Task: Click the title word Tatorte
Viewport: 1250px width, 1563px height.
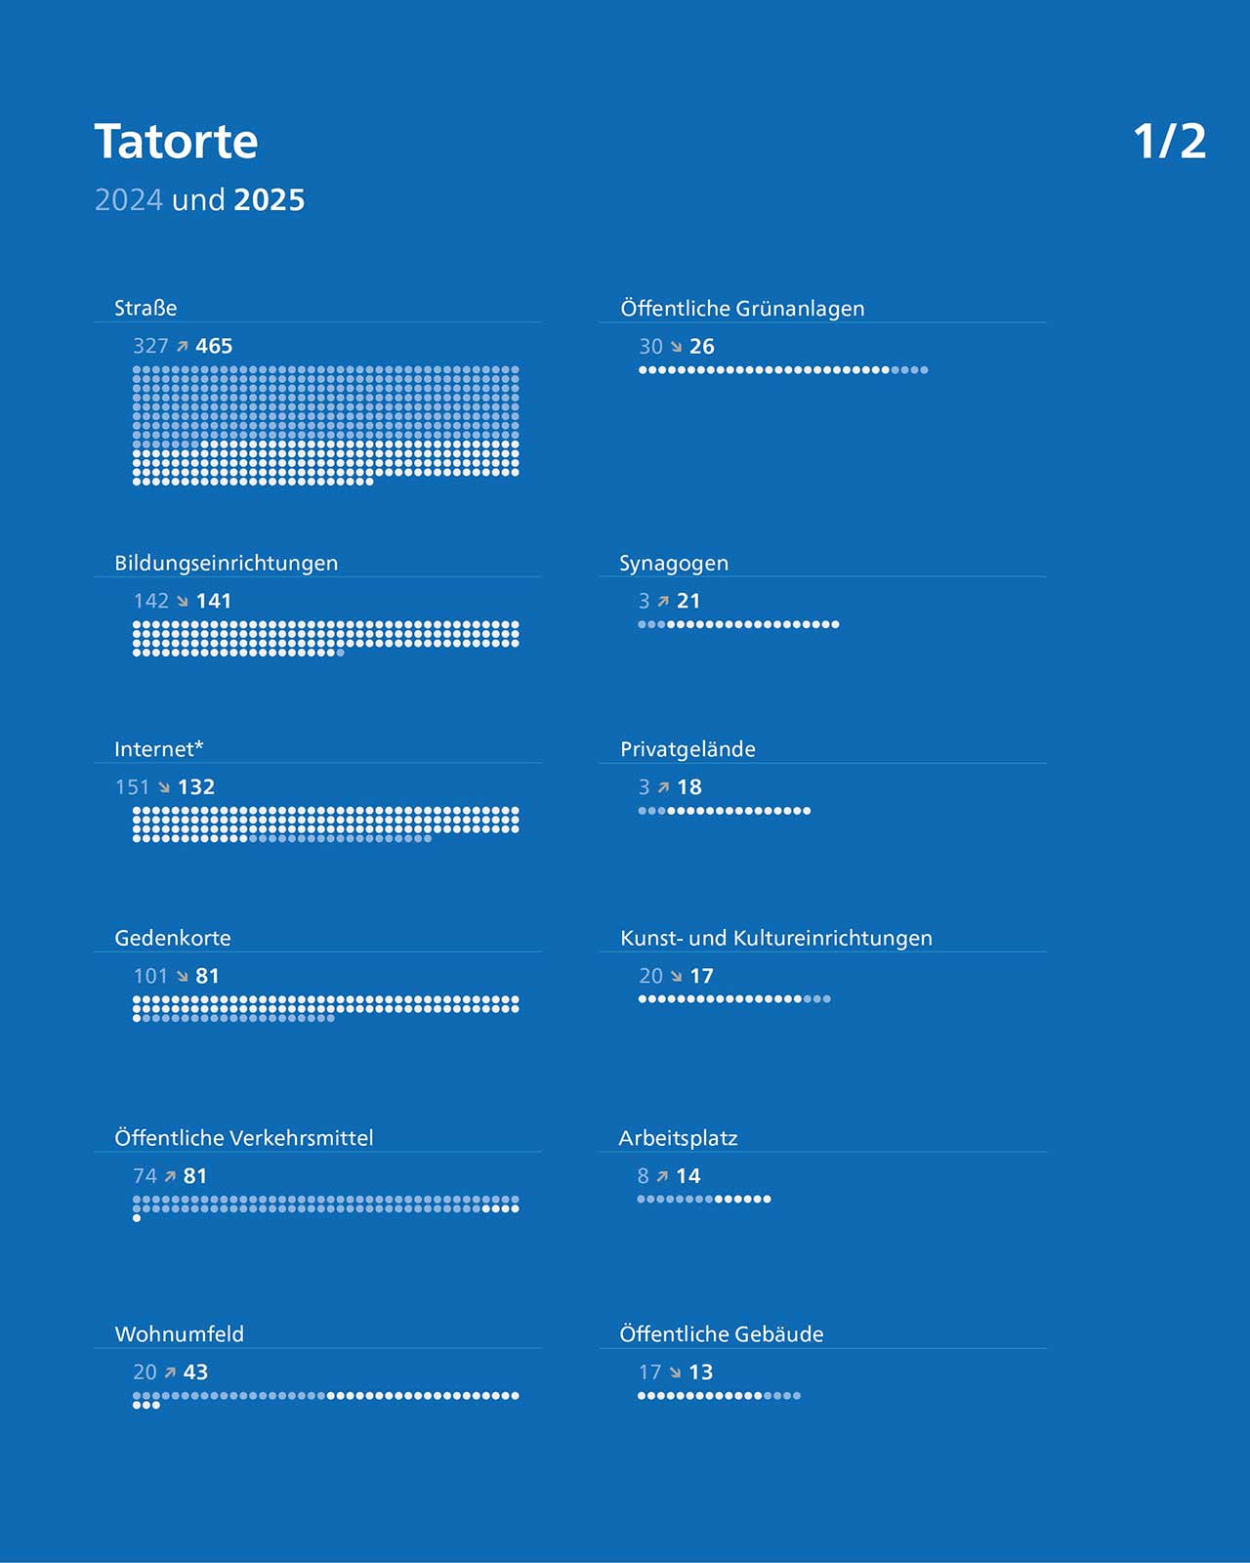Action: [x=176, y=141]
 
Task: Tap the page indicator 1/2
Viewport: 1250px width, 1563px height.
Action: [x=1169, y=141]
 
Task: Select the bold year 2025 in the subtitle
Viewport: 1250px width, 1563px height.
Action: [x=269, y=199]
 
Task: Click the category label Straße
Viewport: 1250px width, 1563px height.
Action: [x=146, y=308]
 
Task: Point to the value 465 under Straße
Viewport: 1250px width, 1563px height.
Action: [x=214, y=346]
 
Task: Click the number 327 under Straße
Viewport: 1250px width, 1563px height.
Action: [x=150, y=346]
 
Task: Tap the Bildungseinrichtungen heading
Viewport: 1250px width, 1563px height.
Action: [x=226, y=563]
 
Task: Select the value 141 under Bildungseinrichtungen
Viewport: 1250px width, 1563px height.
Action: [x=214, y=601]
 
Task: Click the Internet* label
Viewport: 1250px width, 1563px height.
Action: [x=158, y=749]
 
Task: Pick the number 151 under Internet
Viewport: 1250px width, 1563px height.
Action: [x=132, y=786]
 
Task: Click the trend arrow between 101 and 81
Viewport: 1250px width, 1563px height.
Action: [x=183, y=976]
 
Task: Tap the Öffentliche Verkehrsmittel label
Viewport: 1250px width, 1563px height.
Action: [x=243, y=1137]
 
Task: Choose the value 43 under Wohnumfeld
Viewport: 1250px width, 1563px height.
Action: [x=195, y=1372]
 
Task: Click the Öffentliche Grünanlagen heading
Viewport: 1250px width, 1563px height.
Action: [x=742, y=309]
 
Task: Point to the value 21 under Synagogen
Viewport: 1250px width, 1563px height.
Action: [x=687, y=601]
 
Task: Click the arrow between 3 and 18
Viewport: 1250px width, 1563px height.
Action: [x=663, y=787]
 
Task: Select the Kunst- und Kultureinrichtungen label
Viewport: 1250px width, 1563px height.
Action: [x=775, y=938]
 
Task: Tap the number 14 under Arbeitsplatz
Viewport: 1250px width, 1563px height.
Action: [x=687, y=1176]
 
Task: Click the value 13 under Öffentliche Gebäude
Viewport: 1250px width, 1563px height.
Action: [x=700, y=1372]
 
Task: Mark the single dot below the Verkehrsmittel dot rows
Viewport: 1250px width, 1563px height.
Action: [x=137, y=1218]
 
